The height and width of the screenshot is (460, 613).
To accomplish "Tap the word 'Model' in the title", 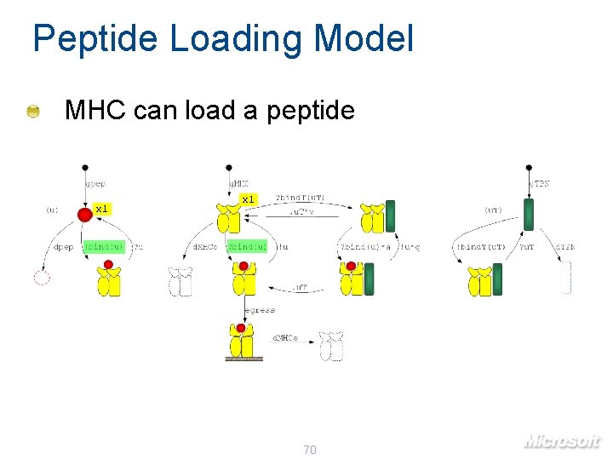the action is (x=364, y=39).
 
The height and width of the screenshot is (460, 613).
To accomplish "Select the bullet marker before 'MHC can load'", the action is (x=32, y=111).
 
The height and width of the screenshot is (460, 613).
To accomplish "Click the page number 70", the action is (x=309, y=449).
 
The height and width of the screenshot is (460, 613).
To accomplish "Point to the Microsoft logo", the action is (x=561, y=440).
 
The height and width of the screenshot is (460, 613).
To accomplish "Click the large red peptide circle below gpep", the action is (x=85, y=214).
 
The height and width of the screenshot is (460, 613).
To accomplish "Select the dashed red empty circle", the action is (x=41, y=277).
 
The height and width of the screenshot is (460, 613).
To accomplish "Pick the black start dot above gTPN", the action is (x=529, y=167).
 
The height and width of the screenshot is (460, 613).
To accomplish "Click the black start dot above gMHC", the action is (x=228, y=167).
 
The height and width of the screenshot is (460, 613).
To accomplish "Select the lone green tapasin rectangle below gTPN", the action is (x=528, y=215).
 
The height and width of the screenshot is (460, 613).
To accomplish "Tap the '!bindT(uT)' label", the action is (x=481, y=247).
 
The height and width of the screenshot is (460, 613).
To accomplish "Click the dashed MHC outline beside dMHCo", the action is (x=181, y=282).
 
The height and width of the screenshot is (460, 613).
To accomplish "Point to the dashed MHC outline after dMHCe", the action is (x=330, y=345).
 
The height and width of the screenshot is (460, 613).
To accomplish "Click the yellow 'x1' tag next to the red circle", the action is (x=101, y=209).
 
